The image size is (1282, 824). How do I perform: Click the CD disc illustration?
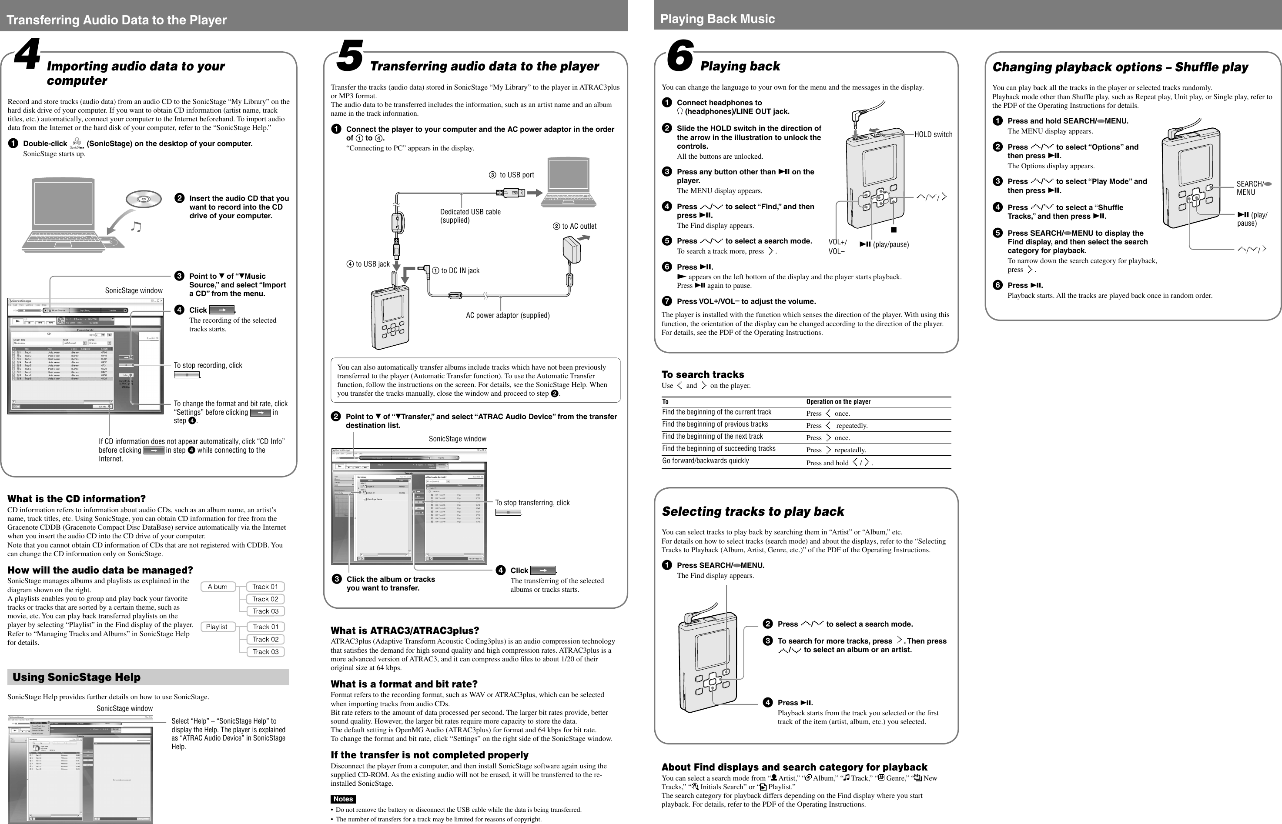tap(144, 199)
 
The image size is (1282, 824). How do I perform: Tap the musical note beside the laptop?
tap(137, 227)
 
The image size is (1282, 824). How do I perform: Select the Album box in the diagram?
tap(218, 587)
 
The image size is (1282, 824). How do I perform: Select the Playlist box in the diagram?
tap(217, 627)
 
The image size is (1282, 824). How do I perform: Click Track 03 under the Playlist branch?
tap(265, 652)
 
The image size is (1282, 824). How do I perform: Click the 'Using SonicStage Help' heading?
tap(77, 677)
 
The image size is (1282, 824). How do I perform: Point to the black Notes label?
tap(343, 799)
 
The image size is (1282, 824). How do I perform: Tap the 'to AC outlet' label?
tap(575, 227)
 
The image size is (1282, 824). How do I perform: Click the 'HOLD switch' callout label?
tap(933, 134)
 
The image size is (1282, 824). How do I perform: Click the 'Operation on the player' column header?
tap(838, 402)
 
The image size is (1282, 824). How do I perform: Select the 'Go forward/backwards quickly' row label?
tap(705, 460)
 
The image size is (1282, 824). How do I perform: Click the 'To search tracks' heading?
tap(702, 374)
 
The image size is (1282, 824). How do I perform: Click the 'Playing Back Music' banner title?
tap(717, 19)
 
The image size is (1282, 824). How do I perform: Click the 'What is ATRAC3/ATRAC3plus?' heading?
tap(405, 631)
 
